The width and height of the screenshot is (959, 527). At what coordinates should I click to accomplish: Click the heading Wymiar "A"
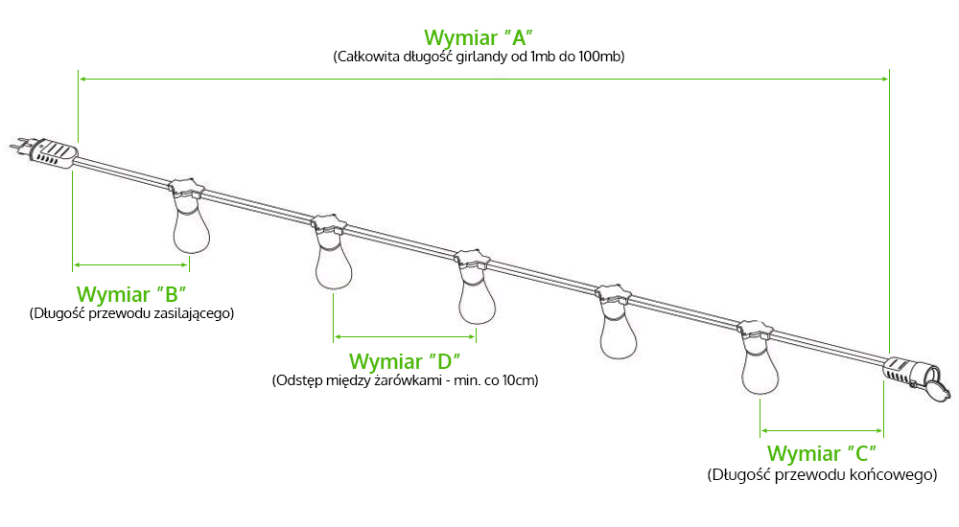[x=479, y=37]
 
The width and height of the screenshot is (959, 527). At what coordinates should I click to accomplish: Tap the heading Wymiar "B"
[x=130, y=294]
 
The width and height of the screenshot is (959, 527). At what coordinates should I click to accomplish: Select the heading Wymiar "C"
[x=822, y=453]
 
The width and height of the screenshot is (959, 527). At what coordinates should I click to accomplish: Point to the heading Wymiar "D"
[x=405, y=361]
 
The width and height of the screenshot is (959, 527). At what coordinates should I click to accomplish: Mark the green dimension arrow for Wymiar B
[x=130, y=264]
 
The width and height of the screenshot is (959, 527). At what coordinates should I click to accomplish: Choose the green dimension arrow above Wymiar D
[x=405, y=336]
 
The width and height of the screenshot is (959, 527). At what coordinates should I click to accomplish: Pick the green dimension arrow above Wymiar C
[x=822, y=430]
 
